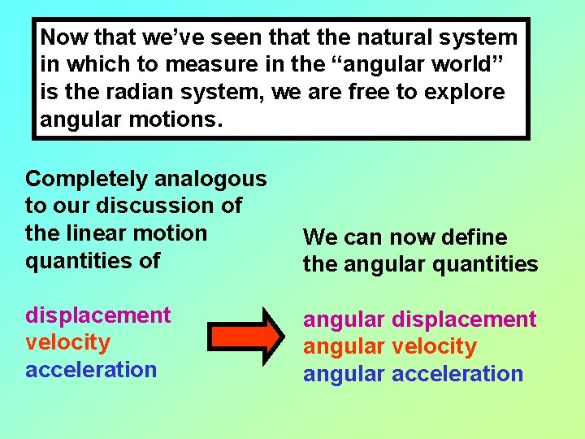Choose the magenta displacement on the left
tap(97, 315)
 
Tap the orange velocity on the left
tap(67, 342)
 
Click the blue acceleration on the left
tap(90, 370)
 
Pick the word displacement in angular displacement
tap(464, 319)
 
